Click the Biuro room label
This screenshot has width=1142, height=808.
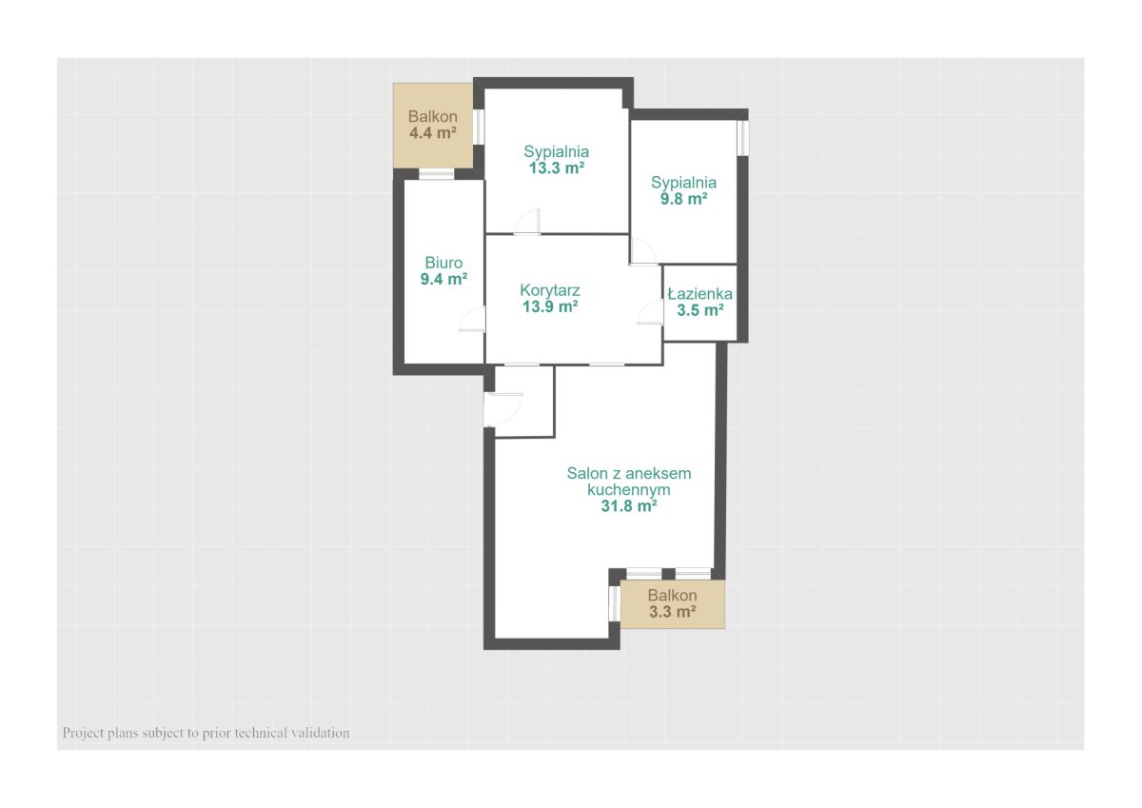443,263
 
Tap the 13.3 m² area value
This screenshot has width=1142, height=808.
556,168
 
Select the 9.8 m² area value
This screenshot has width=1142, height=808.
683,198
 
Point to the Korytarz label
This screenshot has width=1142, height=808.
550,290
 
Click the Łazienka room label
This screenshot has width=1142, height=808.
700,294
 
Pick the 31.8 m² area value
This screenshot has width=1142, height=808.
629,505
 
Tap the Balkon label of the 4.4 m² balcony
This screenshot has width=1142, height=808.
432,116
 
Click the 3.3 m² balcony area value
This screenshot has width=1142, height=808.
673,611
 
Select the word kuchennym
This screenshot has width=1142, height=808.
629,489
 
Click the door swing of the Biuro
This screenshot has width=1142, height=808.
472,319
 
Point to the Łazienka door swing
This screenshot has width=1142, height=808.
650,312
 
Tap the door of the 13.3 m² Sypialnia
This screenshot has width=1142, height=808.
527,222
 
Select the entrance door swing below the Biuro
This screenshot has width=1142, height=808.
503,409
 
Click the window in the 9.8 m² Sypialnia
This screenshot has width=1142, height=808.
743,138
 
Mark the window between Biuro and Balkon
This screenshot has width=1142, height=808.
437,174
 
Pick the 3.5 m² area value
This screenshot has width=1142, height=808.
700,310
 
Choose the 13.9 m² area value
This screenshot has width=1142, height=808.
550,306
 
